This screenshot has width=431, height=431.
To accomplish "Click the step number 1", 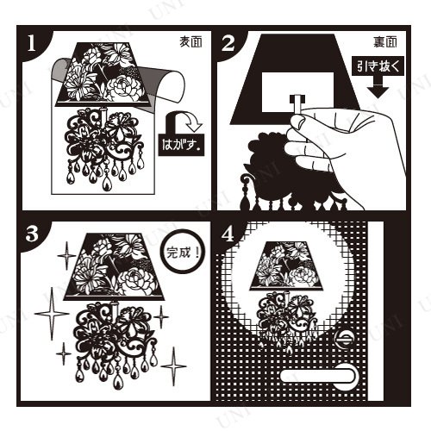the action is pyautogui.click(x=31, y=44).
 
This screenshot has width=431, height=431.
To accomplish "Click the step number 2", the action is pyautogui.click(x=228, y=44).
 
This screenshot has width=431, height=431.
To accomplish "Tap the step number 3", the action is pyautogui.click(x=32, y=234).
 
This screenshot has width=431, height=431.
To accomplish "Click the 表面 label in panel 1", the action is pyautogui.click(x=191, y=42).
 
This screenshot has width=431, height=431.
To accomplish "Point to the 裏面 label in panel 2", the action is pyautogui.click(x=385, y=42).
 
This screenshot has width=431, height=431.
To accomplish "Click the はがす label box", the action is pyautogui.click(x=181, y=145).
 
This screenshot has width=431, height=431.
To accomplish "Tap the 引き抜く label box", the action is pyautogui.click(x=378, y=67).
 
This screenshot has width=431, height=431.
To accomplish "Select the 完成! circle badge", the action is pyautogui.click(x=183, y=252).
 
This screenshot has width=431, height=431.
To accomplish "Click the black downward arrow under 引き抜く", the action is pyautogui.click(x=378, y=88).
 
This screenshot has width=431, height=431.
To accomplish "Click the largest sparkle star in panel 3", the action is pyautogui.click(x=52, y=314).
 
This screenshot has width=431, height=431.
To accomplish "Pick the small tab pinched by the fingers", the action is pyautogui.click(x=297, y=106).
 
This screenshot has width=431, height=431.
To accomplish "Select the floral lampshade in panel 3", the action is pyautogui.click(x=114, y=266).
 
